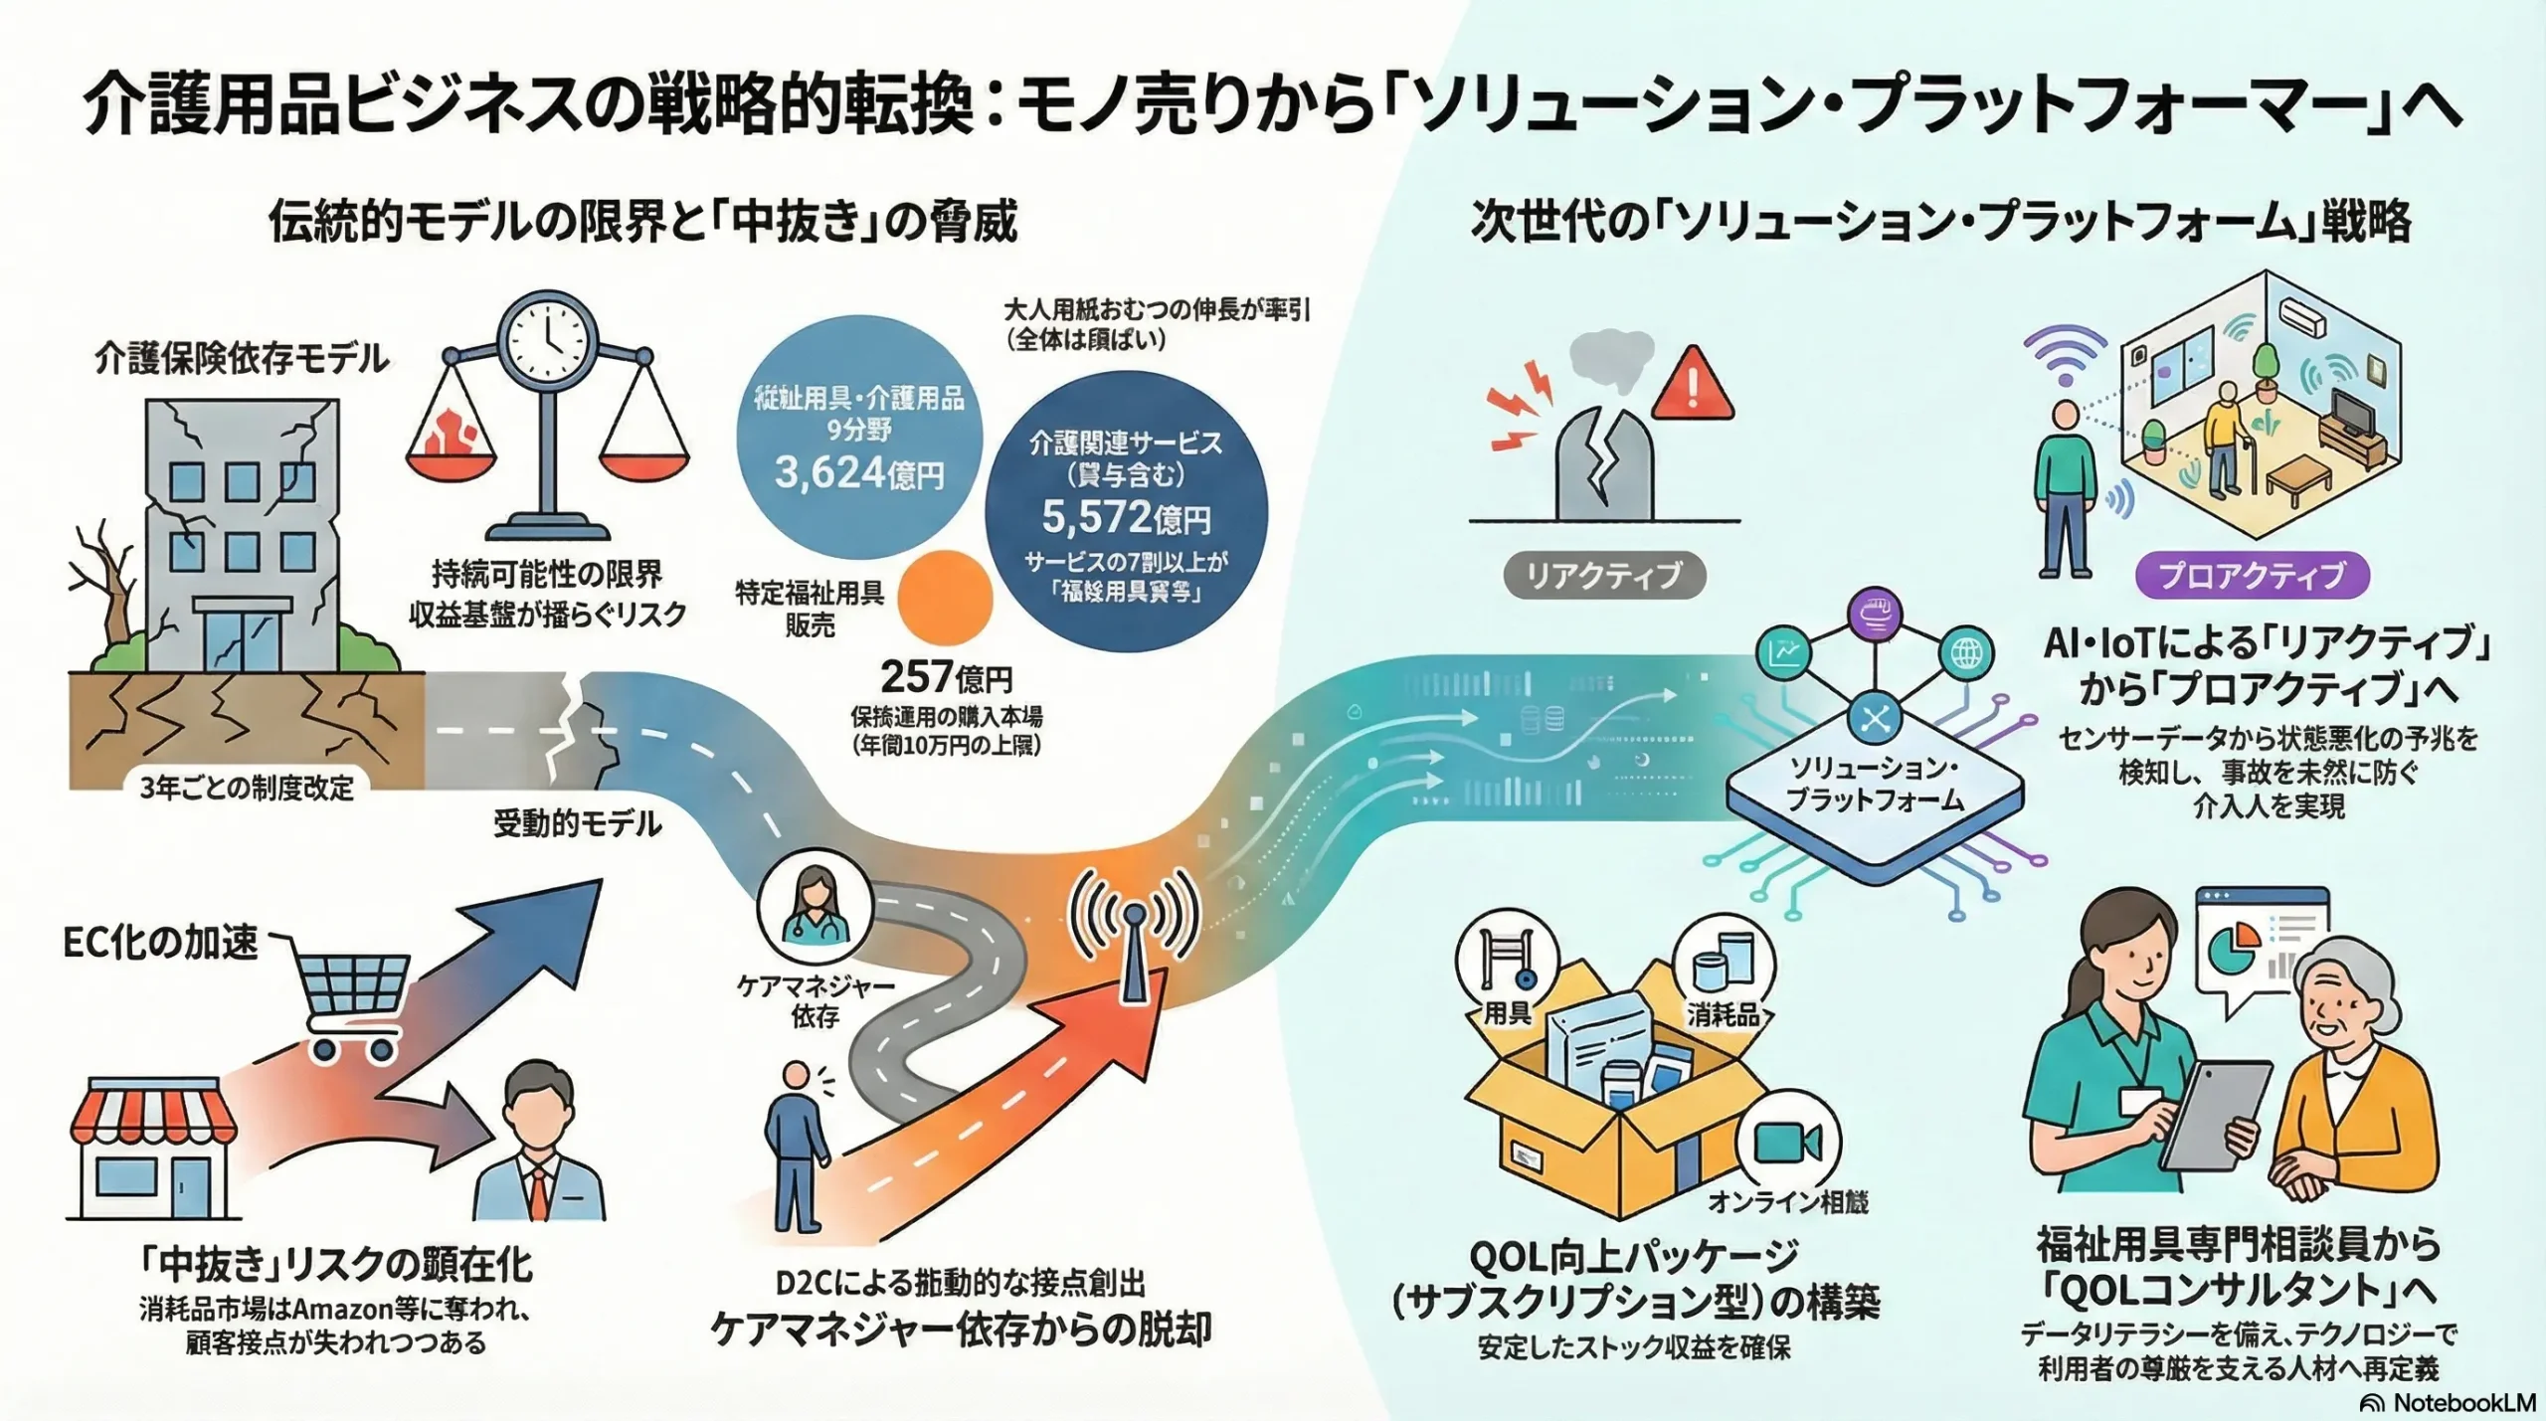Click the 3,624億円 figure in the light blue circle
click(x=859, y=473)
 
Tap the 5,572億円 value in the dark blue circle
click(x=1126, y=517)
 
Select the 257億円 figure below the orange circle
click(x=946, y=678)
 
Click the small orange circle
click(x=945, y=599)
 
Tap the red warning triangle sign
click(x=1692, y=386)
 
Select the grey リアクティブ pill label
click(x=1603, y=576)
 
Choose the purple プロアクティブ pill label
click(x=2252, y=576)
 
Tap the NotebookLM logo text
click(x=2451, y=1402)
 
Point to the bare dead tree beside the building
click(x=109, y=587)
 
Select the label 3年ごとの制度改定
click(x=247, y=788)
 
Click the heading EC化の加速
click(x=160, y=943)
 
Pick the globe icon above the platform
click(x=1965, y=653)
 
